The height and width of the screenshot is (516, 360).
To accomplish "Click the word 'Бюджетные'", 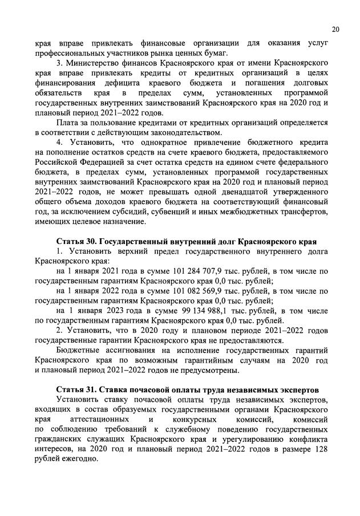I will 78,351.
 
